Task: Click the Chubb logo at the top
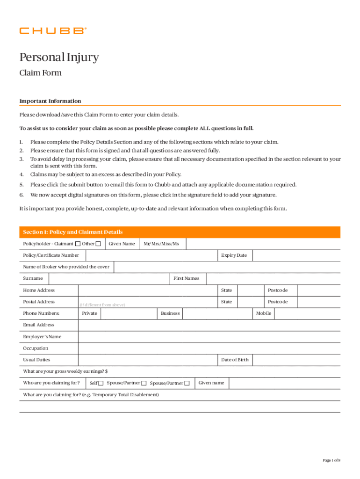[x=53, y=31]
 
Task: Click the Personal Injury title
[x=59, y=58]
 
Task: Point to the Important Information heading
[x=50, y=101]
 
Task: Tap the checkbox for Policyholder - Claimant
[x=78, y=244]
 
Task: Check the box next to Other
[x=98, y=244]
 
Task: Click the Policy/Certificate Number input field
[x=151, y=255]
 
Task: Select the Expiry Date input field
[x=296, y=255]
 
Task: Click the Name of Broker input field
[x=227, y=267]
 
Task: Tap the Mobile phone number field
[x=307, y=313]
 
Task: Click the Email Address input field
[x=209, y=325]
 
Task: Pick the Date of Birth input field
[x=296, y=360]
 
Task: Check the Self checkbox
[x=101, y=384]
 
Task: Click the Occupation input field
[x=209, y=348]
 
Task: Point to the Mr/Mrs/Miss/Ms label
[x=161, y=244]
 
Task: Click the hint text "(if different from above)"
[x=102, y=305]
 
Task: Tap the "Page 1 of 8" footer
[x=331, y=460]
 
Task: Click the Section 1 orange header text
[x=73, y=232]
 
